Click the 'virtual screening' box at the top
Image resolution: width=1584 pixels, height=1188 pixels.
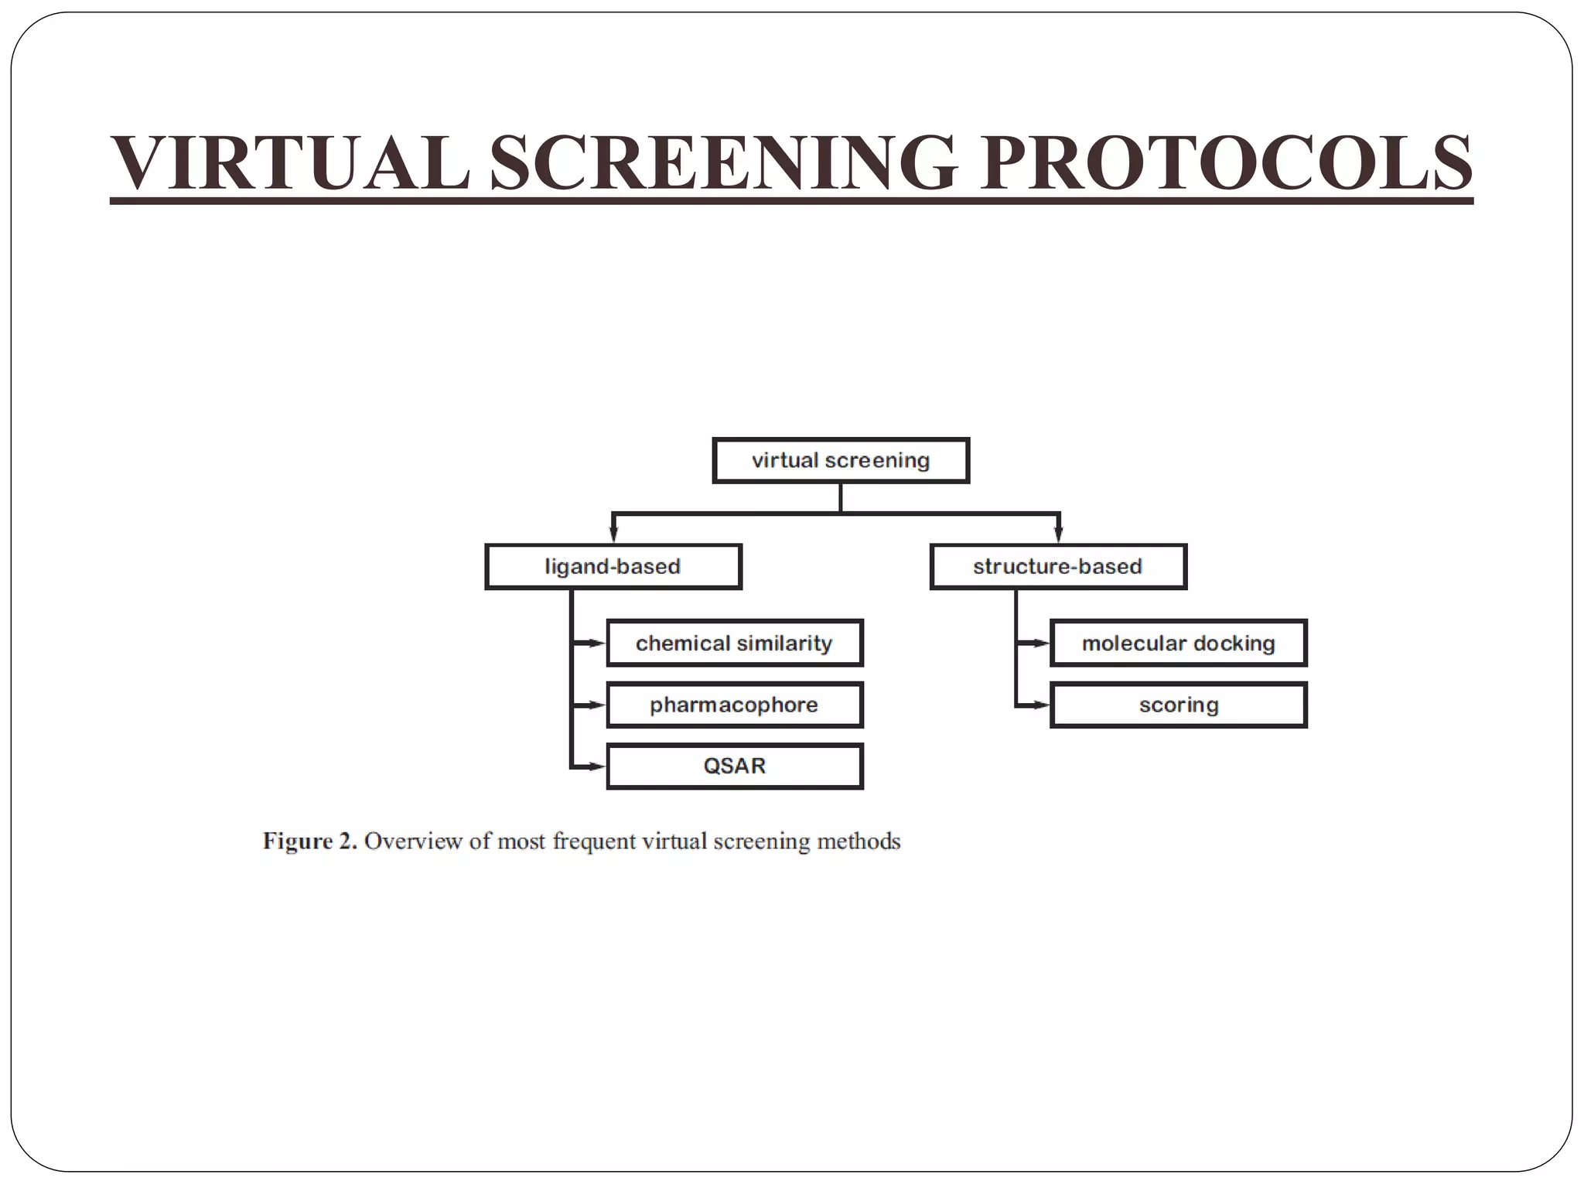pos(841,461)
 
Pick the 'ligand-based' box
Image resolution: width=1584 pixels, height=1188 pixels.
pos(613,567)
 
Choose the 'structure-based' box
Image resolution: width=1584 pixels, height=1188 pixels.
pos(1057,567)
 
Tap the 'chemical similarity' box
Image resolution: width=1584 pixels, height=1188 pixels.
pos(734,643)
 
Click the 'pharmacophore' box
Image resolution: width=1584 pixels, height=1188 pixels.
pos(734,705)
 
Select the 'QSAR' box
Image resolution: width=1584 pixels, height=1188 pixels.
pos(734,766)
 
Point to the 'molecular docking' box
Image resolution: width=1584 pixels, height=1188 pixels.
pos(1178,643)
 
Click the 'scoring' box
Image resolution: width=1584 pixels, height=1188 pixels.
pos(1178,705)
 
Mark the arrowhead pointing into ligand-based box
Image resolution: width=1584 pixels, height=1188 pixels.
pos(613,534)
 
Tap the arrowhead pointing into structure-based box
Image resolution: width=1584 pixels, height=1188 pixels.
pos(1059,534)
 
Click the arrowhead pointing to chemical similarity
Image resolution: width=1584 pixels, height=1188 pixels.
pos(596,643)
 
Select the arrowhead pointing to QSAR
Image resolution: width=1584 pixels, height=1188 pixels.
pos(596,766)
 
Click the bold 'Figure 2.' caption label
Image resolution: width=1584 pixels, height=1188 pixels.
pos(309,841)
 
